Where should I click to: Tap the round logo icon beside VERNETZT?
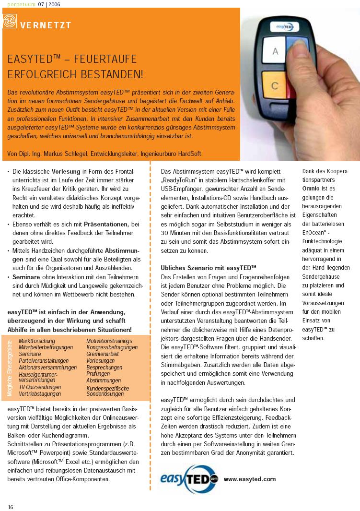pos(10,21)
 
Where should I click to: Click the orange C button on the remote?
pos(275,86)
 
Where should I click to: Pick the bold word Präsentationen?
pos(107,224)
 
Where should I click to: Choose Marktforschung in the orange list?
pos(36,341)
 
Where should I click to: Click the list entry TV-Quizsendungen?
pos(40,387)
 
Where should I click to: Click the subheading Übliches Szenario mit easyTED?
pos(209,267)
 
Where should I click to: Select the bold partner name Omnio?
pos(311,189)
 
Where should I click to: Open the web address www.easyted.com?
pos(250,479)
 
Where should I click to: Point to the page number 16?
pos(10,507)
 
